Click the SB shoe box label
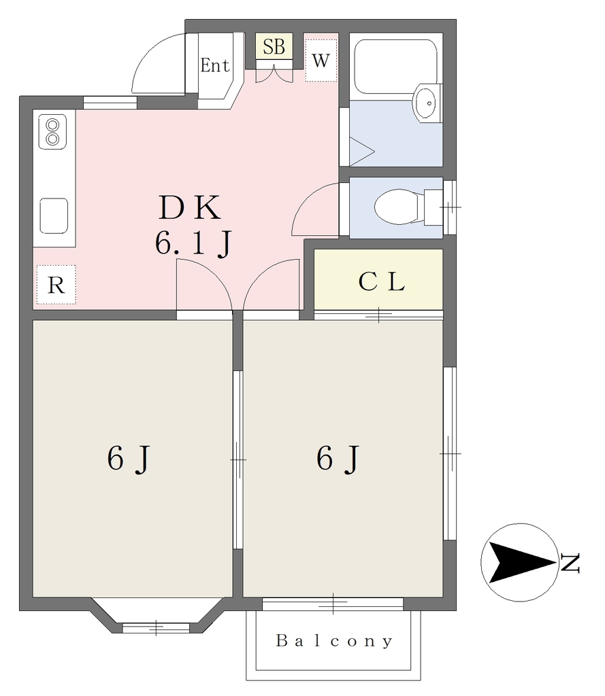(274, 47)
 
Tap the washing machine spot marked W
(321, 60)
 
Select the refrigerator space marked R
(56, 285)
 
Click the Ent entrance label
(215, 66)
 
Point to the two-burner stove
(52, 132)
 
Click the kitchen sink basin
(54, 215)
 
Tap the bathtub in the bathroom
(395, 67)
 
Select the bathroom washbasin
(427, 103)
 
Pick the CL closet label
(381, 281)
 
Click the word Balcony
(334, 641)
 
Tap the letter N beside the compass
(570, 563)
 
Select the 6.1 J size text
(193, 244)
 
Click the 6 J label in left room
(129, 459)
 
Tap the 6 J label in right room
(338, 459)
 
